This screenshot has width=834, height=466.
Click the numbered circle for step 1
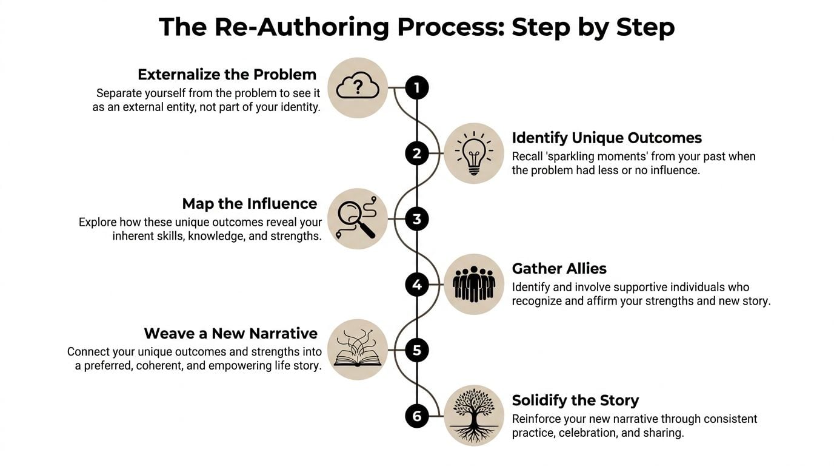(x=416, y=88)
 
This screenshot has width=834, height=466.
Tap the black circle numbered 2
(x=416, y=154)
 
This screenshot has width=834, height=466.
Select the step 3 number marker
(x=416, y=219)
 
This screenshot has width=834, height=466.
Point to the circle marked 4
(x=416, y=285)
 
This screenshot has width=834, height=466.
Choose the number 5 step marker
(x=416, y=350)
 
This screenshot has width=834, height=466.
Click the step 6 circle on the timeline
(x=416, y=416)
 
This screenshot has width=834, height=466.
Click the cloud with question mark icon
(x=358, y=88)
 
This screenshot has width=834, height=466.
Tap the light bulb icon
(x=474, y=154)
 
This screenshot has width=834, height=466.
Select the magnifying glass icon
(x=358, y=219)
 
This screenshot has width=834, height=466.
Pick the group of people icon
(x=474, y=285)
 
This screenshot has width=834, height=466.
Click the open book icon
(x=358, y=350)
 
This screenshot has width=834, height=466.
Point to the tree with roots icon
(x=474, y=416)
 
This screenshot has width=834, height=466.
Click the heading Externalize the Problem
(x=227, y=75)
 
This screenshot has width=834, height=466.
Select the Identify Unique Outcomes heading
(x=607, y=138)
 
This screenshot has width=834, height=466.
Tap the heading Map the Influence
(x=250, y=203)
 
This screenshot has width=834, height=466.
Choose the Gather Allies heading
(x=559, y=269)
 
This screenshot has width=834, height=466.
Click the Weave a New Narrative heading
(x=230, y=334)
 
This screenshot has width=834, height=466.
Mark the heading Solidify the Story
(x=575, y=400)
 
